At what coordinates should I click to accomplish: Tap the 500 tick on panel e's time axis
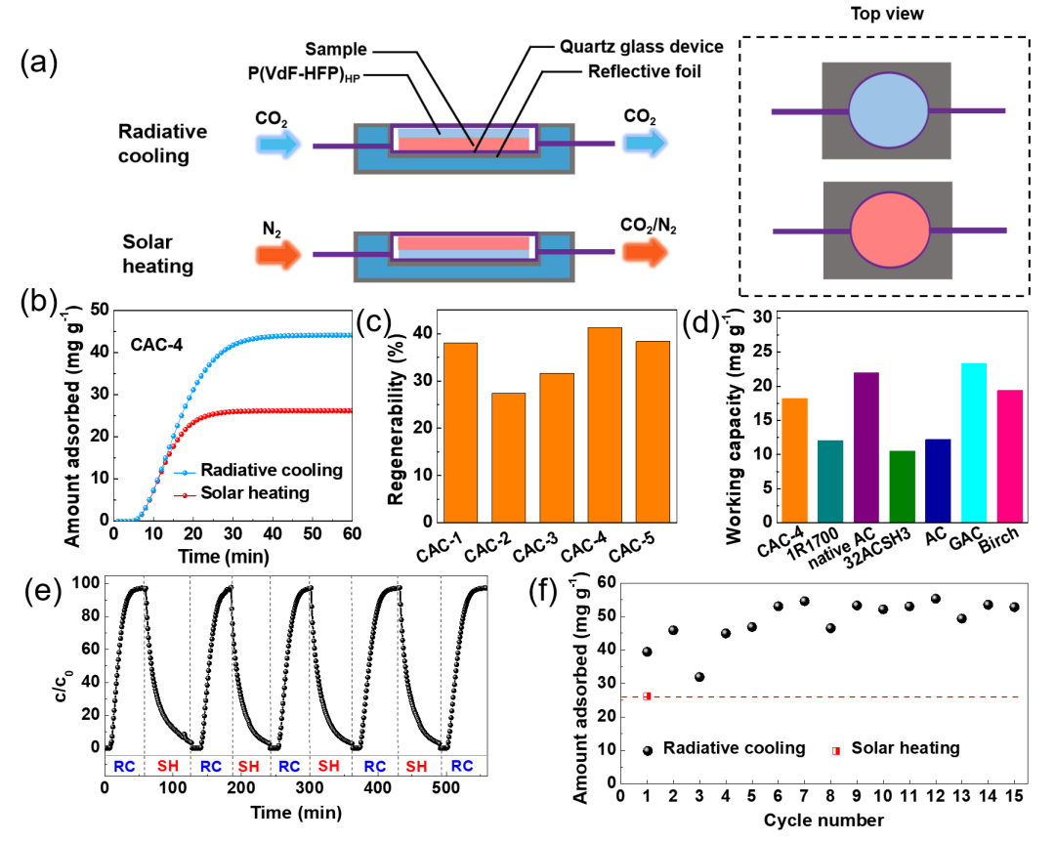[468, 788]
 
